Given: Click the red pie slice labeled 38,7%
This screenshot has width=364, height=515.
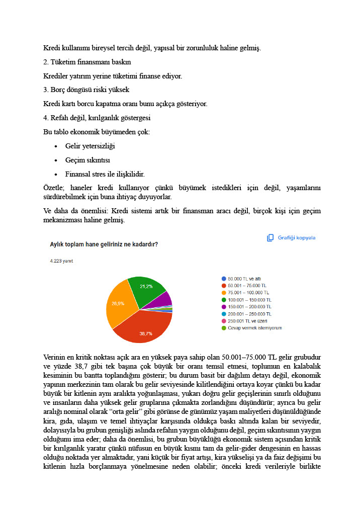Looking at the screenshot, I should coord(143,327).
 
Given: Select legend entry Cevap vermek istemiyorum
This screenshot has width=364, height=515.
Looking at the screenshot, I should coord(254,328).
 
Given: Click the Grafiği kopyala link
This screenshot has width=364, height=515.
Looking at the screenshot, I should coord(297,238).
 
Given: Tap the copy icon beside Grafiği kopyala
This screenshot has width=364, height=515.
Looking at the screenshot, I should coord(270,238).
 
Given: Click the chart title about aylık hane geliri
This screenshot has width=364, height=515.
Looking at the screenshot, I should coord(104,244).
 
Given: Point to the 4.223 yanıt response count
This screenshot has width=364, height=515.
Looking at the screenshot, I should coord(61,262).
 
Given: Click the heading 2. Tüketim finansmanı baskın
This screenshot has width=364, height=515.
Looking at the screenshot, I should coord(87,62).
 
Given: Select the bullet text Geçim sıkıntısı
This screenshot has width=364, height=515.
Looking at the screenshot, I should coord(87,160).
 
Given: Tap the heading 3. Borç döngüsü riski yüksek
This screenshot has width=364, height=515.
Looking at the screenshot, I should coord(86,90).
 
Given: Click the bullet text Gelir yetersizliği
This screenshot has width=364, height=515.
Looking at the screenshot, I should coord(90,146).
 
